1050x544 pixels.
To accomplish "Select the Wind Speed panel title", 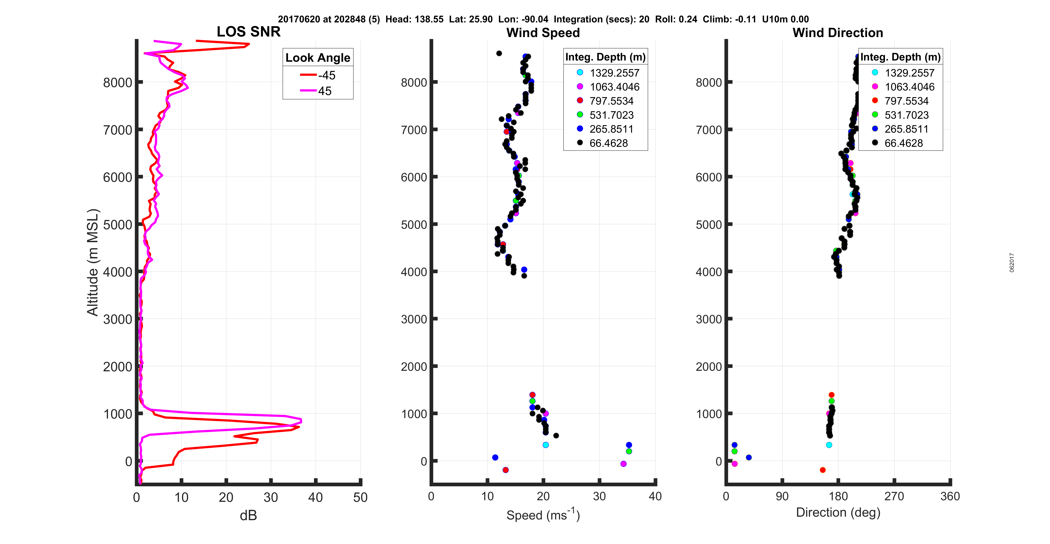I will click(543, 33).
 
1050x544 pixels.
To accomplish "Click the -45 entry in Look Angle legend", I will click(318, 75).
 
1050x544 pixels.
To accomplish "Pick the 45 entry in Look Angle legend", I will click(318, 91).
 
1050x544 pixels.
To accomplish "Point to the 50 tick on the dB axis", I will click(360, 497).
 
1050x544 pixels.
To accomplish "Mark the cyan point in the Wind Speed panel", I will click(545, 445).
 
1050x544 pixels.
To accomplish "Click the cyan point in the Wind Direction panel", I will click(829, 445).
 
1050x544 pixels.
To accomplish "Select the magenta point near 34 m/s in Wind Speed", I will click(623, 464).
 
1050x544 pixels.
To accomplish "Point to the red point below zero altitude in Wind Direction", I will click(823, 470).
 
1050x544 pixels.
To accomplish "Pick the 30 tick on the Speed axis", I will click(599, 496).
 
